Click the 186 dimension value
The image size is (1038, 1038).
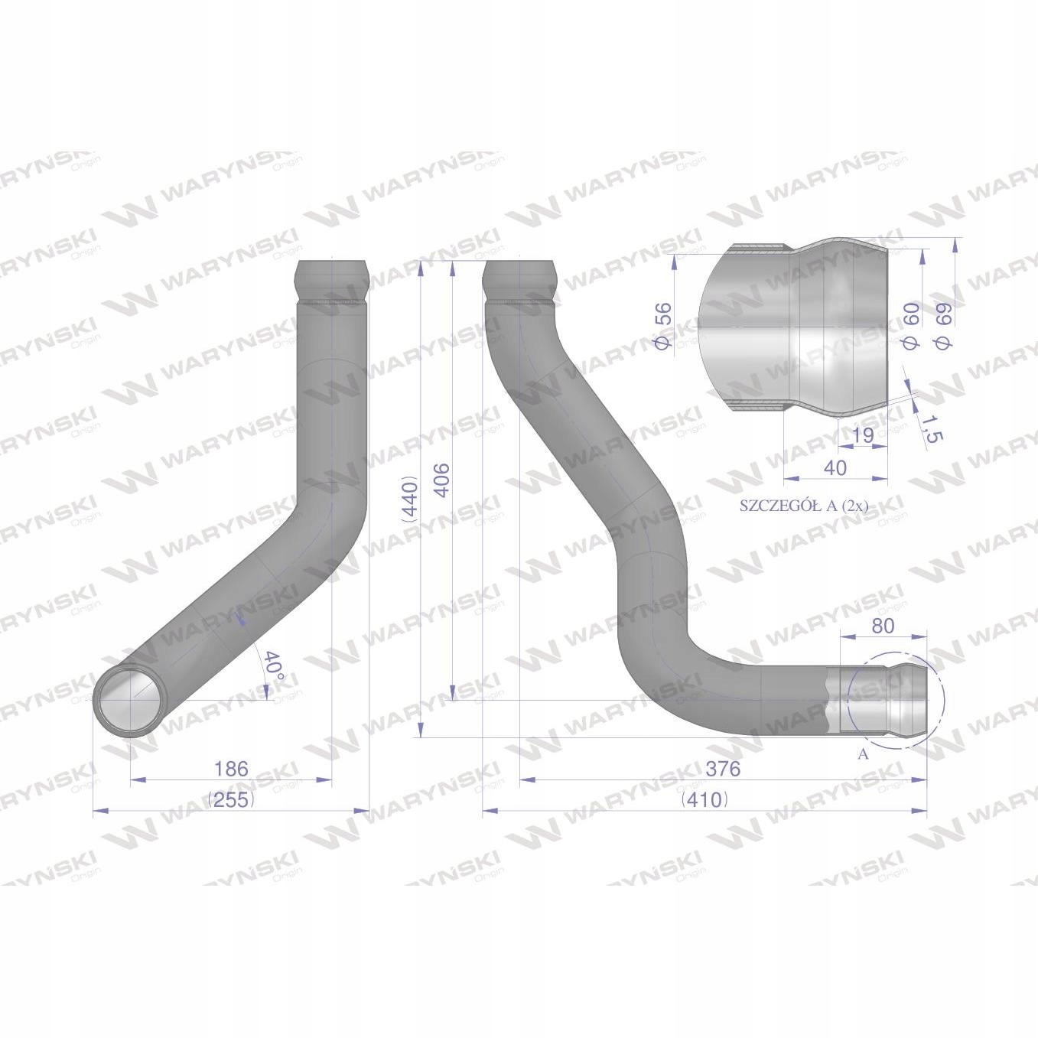pos(231,769)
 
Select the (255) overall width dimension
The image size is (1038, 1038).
pos(231,800)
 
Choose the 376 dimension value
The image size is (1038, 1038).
pos(723,769)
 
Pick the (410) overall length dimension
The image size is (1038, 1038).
pos(704,800)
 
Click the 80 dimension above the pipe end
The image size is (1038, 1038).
pos(882,626)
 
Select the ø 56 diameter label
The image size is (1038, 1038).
pos(664,325)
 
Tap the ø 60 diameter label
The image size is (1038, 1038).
pos(909,325)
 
